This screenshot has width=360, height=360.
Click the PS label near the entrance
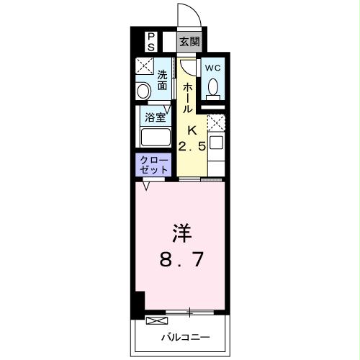coord(151,40)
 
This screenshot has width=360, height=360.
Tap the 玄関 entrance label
coord(189,40)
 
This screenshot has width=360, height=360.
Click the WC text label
coord(213,68)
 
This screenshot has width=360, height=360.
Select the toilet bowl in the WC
coord(213,87)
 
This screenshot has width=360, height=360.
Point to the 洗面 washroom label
coord(163,80)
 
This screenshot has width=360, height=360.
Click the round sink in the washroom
coord(143,91)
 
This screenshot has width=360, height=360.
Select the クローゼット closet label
coord(153,164)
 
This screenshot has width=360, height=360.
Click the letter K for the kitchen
coord(192,130)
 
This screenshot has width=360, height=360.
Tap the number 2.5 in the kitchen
coord(192,147)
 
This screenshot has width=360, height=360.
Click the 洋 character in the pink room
coord(180,234)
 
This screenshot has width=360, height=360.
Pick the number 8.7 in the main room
coord(180,258)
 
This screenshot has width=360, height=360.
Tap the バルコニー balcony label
coord(184,336)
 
